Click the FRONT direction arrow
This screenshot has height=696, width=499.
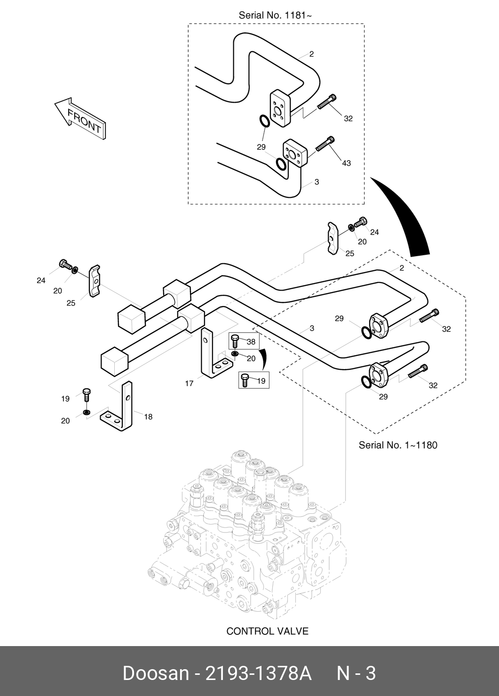point(80,118)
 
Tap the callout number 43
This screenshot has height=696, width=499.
point(346,163)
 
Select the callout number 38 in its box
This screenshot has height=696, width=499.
point(251,342)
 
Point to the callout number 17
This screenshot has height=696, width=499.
point(189,384)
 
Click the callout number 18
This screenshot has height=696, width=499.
point(148,417)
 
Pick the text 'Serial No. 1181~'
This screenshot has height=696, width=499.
point(275,15)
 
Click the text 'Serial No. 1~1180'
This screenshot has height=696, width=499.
point(398,445)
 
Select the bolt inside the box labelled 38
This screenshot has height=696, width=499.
point(235,341)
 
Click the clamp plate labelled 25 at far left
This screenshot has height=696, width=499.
point(95,281)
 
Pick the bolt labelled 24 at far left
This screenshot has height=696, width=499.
point(65,265)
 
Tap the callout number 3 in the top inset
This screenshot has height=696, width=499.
point(317,182)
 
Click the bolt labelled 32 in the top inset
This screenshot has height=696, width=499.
point(326,102)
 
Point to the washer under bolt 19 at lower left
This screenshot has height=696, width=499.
point(86,413)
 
